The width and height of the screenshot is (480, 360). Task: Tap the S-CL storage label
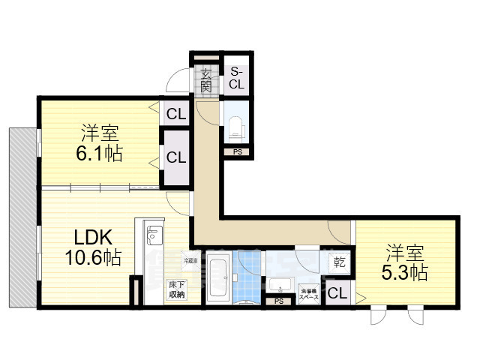pyautogui.click(x=236, y=77)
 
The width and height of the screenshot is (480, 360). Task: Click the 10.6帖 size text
pyautogui.click(x=93, y=257)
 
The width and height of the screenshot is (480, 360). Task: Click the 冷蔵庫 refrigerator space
pyautogui.click(x=190, y=259)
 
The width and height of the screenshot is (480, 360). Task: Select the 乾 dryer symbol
pyautogui.click(x=339, y=262)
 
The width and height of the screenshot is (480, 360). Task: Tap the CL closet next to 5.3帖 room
pyautogui.click(x=337, y=293)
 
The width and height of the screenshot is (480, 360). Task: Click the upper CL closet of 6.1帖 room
pyautogui.click(x=176, y=115)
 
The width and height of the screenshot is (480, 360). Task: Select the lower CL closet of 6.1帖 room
pyautogui.click(x=176, y=157)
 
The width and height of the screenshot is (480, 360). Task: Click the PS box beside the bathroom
pyautogui.click(x=279, y=301)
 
